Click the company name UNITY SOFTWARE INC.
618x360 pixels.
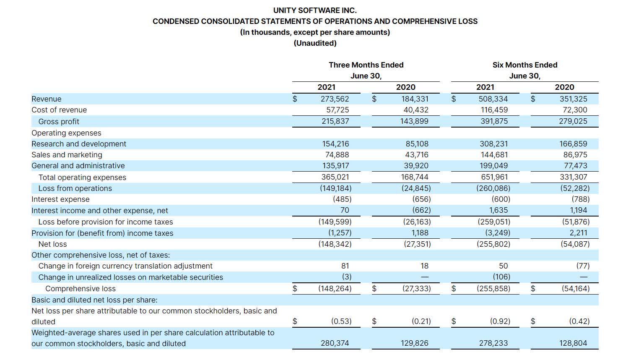click(315, 10)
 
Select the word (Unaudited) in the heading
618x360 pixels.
click(315, 43)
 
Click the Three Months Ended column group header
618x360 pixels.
click(366, 65)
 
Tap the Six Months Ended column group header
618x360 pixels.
click(525, 65)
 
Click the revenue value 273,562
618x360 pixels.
click(332, 99)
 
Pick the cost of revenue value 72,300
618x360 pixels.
click(575, 110)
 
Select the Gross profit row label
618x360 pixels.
click(59, 122)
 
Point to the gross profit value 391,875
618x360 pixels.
click(493, 121)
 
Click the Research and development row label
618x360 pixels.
click(79, 144)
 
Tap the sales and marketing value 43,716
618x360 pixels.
click(416, 155)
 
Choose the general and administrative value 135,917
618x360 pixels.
click(335, 166)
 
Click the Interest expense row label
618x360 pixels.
click(60, 199)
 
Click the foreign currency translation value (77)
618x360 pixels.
click(582, 266)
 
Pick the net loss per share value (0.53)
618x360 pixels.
click(341, 321)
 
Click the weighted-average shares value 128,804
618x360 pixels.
click(573, 343)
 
